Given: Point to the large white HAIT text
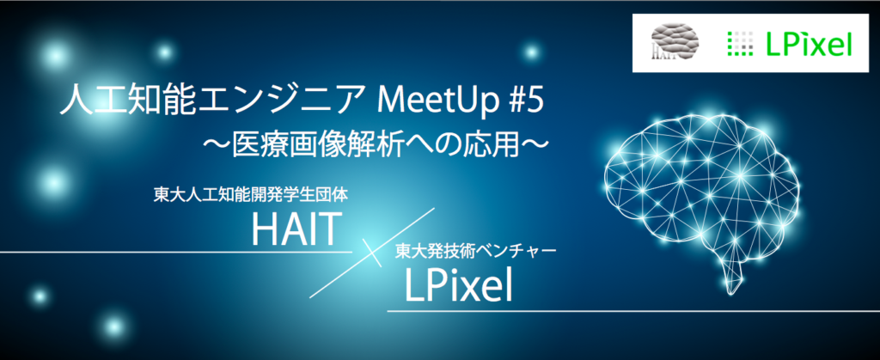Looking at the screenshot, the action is pyautogui.click(x=296, y=230).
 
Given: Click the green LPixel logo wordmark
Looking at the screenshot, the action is pyautogui.click(x=810, y=43).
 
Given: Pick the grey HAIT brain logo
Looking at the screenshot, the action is pyautogui.click(x=675, y=41).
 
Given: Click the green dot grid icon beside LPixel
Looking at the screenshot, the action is pyautogui.click(x=740, y=44).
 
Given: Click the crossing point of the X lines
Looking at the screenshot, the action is pyautogui.click(x=372, y=253).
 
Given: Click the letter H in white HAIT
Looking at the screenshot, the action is pyautogui.click(x=263, y=230).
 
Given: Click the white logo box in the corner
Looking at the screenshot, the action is pyautogui.click(x=751, y=43).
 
